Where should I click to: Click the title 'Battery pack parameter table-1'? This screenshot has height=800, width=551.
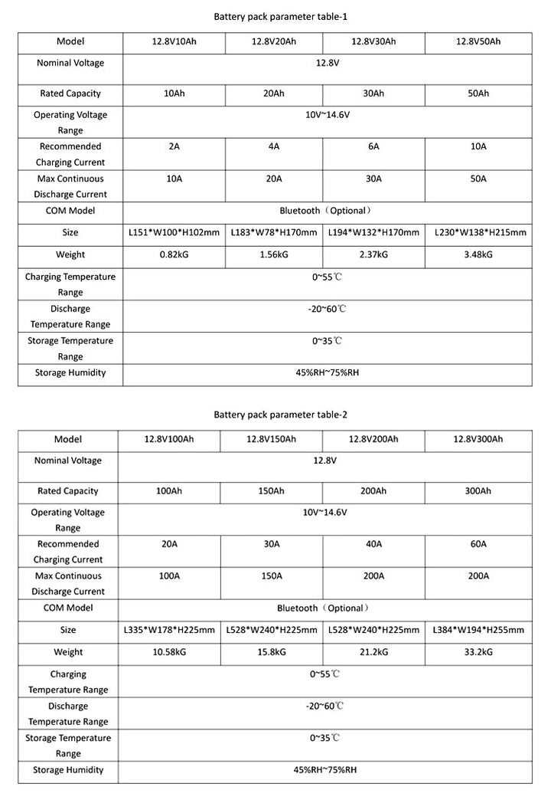click(274, 15)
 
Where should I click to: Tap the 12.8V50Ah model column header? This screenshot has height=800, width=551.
click(478, 41)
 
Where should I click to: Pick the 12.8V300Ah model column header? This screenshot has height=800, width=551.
click(478, 439)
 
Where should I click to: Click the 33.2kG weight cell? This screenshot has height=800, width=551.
click(478, 652)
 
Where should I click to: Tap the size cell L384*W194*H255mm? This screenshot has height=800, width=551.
click(478, 630)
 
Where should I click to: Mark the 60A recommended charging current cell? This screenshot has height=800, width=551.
click(478, 543)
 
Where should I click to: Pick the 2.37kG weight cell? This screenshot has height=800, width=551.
click(373, 254)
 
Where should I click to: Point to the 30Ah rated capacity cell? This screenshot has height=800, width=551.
click(373, 93)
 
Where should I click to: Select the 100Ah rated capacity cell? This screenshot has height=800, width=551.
click(168, 491)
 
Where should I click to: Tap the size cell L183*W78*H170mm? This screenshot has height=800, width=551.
click(274, 232)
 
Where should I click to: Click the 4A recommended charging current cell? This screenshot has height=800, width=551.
click(274, 146)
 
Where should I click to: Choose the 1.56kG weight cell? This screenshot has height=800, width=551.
click(274, 254)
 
